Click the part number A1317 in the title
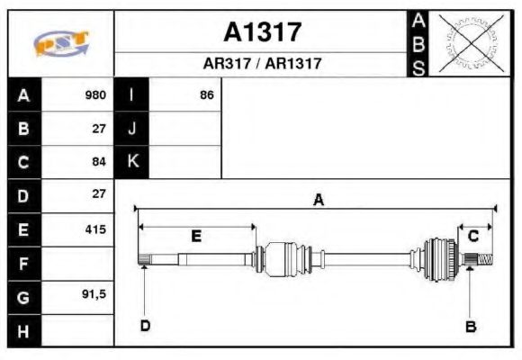(262, 32)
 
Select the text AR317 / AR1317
(262, 65)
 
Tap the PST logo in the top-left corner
(60, 44)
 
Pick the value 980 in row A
(95, 95)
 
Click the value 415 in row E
(95, 229)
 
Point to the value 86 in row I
(206, 95)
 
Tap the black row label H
(23, 330)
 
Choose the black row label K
(132, 162)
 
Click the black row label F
(23, 264)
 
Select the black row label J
(132, 129)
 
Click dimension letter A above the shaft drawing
(318, 201)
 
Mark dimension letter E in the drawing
(195, 237)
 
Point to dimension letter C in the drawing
(472, 237)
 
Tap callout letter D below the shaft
(144, 326)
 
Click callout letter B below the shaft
(469, 326)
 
